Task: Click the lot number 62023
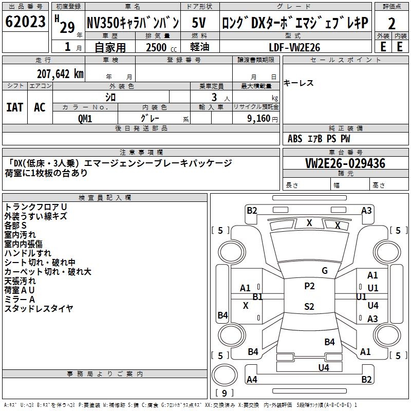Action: [25, 22]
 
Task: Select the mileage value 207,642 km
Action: [60, 73]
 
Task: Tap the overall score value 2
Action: [392, 24]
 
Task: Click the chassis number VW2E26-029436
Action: [345, 164]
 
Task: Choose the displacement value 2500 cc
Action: [154, 47]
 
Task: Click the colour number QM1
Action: [85, 118]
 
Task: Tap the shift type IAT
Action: [15, 107]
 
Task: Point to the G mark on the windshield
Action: [325, 271]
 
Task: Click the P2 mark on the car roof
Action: [309, 286]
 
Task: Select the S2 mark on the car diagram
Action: [309, 307]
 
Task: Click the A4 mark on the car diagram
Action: [252, 380]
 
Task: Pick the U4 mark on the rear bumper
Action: [324, 367]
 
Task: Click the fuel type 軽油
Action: [199, 47]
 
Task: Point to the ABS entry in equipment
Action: [295, 139]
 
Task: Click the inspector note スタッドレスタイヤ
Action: [39, 309]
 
